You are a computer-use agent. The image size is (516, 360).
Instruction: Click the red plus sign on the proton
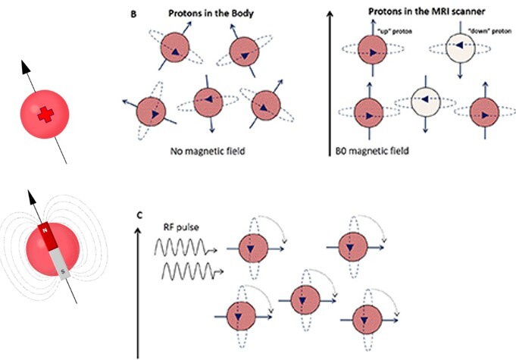click(47, 114)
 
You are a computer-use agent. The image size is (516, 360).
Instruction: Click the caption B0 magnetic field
click(372, 151)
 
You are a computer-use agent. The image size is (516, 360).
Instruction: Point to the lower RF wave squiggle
click(186, 270)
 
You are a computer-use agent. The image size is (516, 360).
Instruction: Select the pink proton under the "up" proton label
click(372, 49)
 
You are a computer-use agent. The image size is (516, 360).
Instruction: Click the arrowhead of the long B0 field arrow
click(330, 13)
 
